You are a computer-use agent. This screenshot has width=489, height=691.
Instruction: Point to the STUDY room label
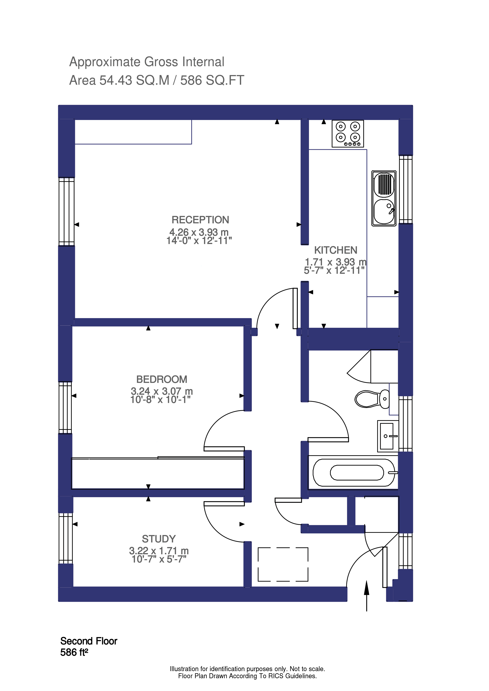(x=159, y=539)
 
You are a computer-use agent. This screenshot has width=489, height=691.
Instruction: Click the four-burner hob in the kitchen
(x=348, y=134)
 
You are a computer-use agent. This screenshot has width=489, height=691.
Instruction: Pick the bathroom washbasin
(x=387, y=436)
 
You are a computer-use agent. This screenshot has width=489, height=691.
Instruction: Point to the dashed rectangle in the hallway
(x=283, y=564)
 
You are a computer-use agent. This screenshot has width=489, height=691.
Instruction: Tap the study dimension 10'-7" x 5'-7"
(x=159, y=559)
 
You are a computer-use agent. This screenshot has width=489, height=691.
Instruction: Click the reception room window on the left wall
(x=66, y=212)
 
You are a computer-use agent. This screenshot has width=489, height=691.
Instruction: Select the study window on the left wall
(x=66, y=538)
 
